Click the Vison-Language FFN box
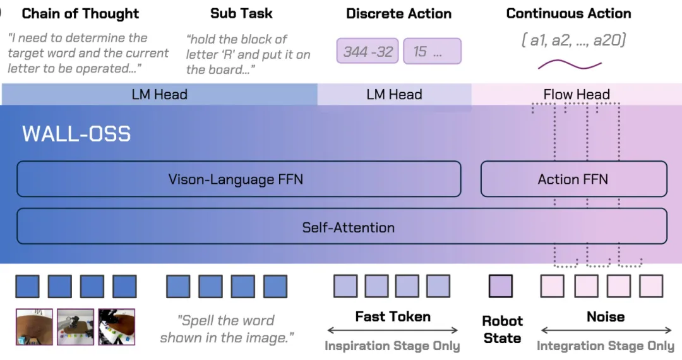pyautogui.click(x=239, y=179)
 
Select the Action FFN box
pyautogui.click(x=573, y=179)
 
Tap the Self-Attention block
pyautogui.click(x=342, y=227)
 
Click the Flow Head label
pyautogui.click(x=577, y=94)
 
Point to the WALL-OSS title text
pyautogui.click(x=76, y=134)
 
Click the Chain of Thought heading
pyautogui.click(x=80, y=14)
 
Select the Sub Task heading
pyautogui.click(x=241, y=13)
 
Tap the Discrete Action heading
pyautogui.click(x=399, y=13)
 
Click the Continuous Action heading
pyautogui.click(x=568, y=13)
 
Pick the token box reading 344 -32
pyautogui.click(x=368, y=51)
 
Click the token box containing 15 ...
pyautogui.click(x=433, y=51)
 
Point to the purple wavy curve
pyautogui.click(x=570, y=66)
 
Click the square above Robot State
pyautogui.click(x=501, y=286)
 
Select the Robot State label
pyautogui.click(x=503, y=329)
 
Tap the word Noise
pyautogui.click(x=606, y=316)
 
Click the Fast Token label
pyautogui.click(x=393, y=316)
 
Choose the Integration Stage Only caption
pyautogui.click(x=606, y=345)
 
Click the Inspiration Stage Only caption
pyautogui.click(x=392, y=345)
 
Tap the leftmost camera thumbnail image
pyautogui.click(x=34, y=327)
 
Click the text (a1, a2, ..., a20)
pyautogui.click(x=573, y=40)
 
